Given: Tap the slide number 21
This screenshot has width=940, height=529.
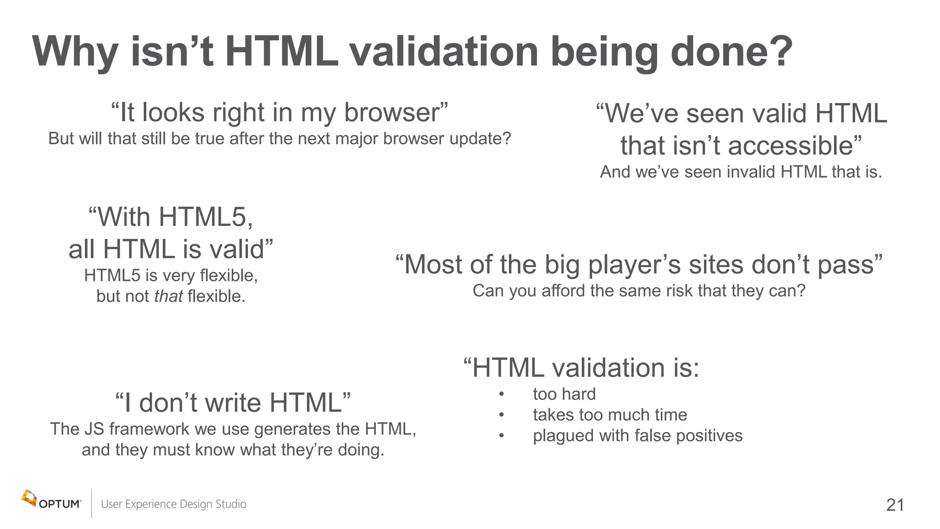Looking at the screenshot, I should point(895,505).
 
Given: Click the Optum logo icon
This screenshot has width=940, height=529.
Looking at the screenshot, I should point(28,498).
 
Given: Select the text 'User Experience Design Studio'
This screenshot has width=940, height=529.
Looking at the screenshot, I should point(173,504).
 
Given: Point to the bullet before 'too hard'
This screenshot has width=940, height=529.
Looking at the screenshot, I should point(502,394).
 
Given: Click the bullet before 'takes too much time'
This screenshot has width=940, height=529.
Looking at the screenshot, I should point(502,415).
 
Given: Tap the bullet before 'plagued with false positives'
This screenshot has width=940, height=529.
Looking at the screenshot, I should point(502,436).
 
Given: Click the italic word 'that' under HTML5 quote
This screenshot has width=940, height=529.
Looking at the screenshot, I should point(168,297).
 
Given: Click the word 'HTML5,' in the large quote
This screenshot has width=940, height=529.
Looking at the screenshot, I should point(206,217).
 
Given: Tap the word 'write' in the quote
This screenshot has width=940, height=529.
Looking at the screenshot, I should point(234,403).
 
